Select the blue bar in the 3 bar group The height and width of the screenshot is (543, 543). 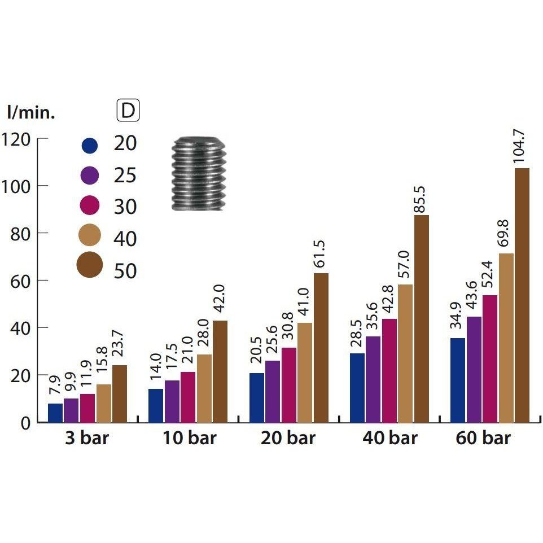55,413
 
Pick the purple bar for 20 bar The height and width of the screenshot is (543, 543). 273,391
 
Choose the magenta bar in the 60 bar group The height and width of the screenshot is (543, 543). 489,358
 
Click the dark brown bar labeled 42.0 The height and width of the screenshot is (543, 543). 220,371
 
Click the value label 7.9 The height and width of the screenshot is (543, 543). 55,389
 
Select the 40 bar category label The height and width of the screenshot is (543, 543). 389,439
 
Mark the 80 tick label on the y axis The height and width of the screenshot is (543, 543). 21,233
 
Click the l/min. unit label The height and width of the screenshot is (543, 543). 31,113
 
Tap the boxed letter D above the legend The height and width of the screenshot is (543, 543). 128,111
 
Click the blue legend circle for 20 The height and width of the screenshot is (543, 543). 89,145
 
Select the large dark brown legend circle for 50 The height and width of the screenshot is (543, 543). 89,265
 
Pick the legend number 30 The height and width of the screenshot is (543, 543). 125,207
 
